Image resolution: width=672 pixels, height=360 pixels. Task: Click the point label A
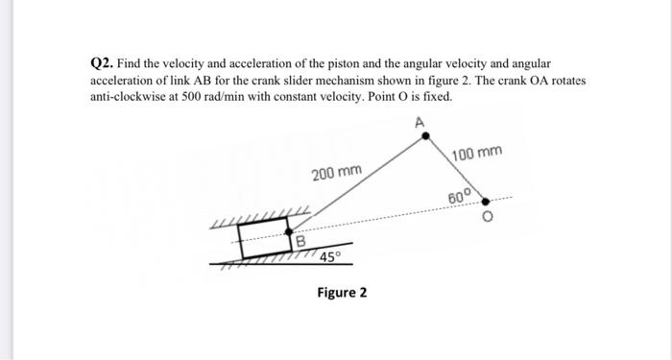[419, 121]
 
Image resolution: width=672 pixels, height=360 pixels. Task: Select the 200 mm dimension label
[337, 174]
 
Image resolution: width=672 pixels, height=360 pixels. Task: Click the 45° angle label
[330, 256]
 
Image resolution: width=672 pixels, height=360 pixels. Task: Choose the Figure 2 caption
[342, 292]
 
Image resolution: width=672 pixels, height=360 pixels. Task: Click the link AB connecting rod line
[360, 182]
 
